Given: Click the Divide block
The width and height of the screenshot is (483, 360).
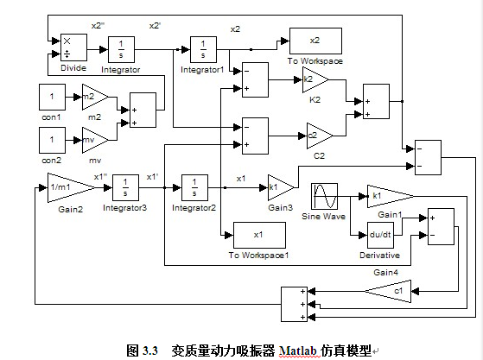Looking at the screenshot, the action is pyautogui.click(x=73, y=47).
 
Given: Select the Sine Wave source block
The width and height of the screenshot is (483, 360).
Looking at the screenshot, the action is pyautogui.click(x=324, y=196).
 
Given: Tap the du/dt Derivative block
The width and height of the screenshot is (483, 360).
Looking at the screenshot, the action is pyautogui.click(x=380, y=235).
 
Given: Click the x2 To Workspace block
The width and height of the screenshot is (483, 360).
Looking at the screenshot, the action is pyautogui.click(x=315, y=41).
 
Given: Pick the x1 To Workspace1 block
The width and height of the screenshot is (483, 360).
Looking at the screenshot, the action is pyautogui.click(x=259, y=235).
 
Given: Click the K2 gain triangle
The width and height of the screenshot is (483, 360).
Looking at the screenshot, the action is pyautogui.click(x=315, y=80).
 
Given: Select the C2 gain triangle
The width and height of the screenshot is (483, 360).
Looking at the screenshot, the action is pyautogui.click(x=320, y=136).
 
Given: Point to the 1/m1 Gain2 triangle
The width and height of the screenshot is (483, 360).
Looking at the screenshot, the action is pyautogui.click(x=72, y=187).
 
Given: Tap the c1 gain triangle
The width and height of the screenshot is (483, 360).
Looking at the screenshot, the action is pyautogui.click(x=388, y=291).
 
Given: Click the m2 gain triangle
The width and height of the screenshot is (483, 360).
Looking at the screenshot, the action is pyautogui.click(x=95, y=98).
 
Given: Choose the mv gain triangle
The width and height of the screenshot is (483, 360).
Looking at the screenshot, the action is pyautogui.click(x=95, y=141).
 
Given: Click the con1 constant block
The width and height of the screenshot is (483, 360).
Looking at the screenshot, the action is pyautogui.click(x=52, y=98).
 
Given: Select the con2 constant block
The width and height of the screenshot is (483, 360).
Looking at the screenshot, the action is pyautogui.click(x=52, y=141).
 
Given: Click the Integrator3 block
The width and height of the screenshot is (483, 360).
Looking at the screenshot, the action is pyautogui.click(x=125, y=187).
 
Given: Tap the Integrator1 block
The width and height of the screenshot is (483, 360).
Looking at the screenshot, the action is pyautogui.click(x=203, y=49).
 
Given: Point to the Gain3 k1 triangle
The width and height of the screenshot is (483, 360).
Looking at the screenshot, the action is pyautogui.click(x=281, y=187).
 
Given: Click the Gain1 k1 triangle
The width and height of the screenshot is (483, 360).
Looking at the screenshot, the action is pyautogui.click(x=391, y=196).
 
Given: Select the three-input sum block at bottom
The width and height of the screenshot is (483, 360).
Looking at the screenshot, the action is pyautogui.click(x=294, y=304).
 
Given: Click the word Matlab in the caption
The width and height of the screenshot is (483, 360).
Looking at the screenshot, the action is pyautogui.click(x=298, y=351).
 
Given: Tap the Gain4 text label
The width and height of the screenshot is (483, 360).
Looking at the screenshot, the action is pyautogui.click(x=385, y=272).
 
